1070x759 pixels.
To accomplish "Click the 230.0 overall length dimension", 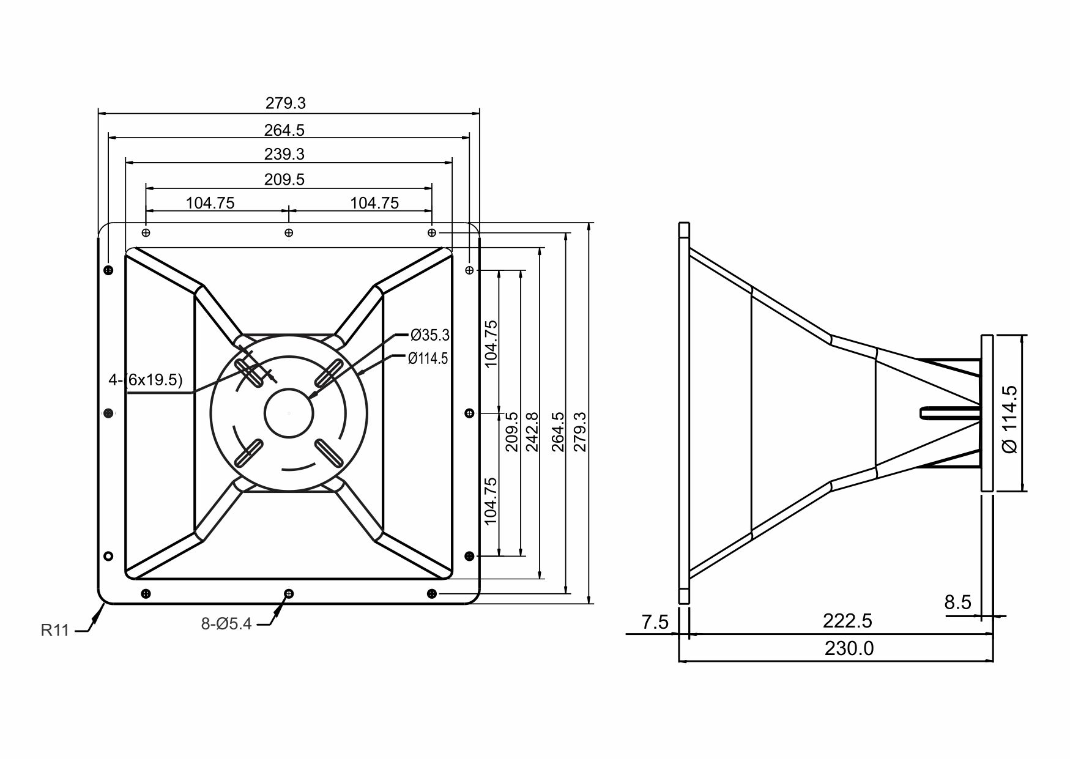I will pyautogui.click(x=849, y=648).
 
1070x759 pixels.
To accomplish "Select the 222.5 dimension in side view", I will pyautogui.click(x=847, y=621).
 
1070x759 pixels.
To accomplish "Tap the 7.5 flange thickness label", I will pyautogui.click(x=655, y=623).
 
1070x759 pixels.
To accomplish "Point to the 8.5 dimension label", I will pyautogui.click(x=957, y=602).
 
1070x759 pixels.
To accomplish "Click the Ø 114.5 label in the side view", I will pyautogui.click(x=1010, y=419).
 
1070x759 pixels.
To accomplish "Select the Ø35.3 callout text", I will pyautogui.click(x=429, y=335).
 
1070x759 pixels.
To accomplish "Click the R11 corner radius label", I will pyautogui.click(x=55, y=630).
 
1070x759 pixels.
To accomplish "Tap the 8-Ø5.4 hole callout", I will pyautogui.click(x=226, y=624).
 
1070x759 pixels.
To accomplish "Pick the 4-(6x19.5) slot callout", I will pyautogui.click(x=146, y=380).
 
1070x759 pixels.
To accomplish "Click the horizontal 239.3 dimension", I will pyautogui.click(x=284, y=154).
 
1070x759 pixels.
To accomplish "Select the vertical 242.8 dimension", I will pyautogui.click(x=532, y=432).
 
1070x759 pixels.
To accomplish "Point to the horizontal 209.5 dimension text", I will pyautogui.click(x=284, y=179).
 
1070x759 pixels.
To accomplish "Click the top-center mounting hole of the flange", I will pyautogui.click(x=289, y=232).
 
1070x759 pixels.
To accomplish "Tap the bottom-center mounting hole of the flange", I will pyautogui.click(x=289, y=593).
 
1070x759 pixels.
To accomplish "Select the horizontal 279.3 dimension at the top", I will pyautogui.click(x=286, y=103).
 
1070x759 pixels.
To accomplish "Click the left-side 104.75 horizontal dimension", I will pyautogui.click(x=210, y=203).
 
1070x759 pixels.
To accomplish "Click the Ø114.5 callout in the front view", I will pyautogui.click(x=428, y=359).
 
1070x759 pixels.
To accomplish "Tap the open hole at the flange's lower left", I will pyautogui.click(x=108, y=556).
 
